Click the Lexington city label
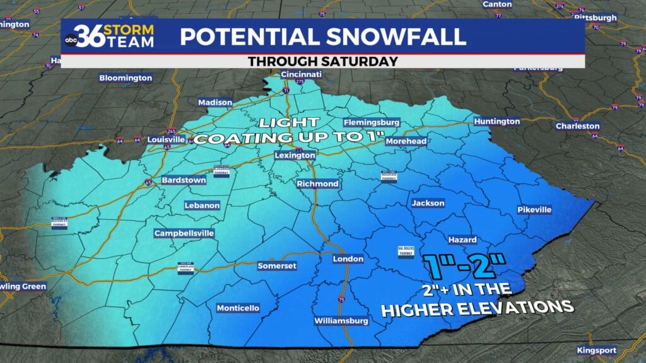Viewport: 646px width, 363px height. coord(295,155)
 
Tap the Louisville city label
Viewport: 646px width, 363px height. coord(166,139)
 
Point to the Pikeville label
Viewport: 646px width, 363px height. coord(534,209)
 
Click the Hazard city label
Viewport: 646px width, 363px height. coord(462,240)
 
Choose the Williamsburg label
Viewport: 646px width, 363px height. coord(341,321)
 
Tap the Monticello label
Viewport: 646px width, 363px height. coord(238,308)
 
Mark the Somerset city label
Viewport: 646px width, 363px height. coord(277,266)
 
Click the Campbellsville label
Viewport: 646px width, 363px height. coord(184,233)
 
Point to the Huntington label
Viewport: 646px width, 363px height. coord(498,121)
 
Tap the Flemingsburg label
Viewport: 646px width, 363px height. coord(372,122)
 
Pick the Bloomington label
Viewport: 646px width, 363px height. coord(126,78)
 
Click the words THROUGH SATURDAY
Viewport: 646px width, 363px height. coord(322,61)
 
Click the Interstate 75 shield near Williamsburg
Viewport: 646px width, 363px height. coord(341,298)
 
